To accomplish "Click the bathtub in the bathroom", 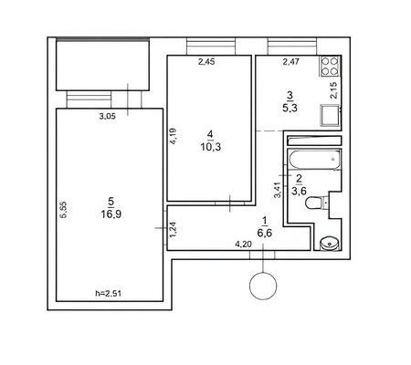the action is pyautogui.click(x=314, y=160).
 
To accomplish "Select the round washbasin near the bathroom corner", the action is pyautogui.click(x=330, y=244).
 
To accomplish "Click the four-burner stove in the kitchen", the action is pyautogui.click(x=330, y=66).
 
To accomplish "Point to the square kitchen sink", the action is pyautogui.click(x=330, y=115).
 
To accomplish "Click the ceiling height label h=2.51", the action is pyautogui.click(x=109, y=294).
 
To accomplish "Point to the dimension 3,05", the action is pyautogui.click(x=108, y=116).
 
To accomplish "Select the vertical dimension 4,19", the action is pyautogui.click(x=174, y=136).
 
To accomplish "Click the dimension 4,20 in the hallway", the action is pyautogui.click(x=243, y=244).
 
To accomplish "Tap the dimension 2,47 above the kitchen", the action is pyautogui.click(x=291, y=62).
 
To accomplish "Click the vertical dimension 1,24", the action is pyautogui.click(x=174, y=230).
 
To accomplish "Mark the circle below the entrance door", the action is pyautogui.click(x=263, y=286).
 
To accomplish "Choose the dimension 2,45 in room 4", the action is pyautogui.click(x=206, y=62).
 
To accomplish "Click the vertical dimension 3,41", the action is pyautogui.click(x=277, y=191).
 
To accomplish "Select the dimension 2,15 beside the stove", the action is pyautogui.click(x=334, y=90).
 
